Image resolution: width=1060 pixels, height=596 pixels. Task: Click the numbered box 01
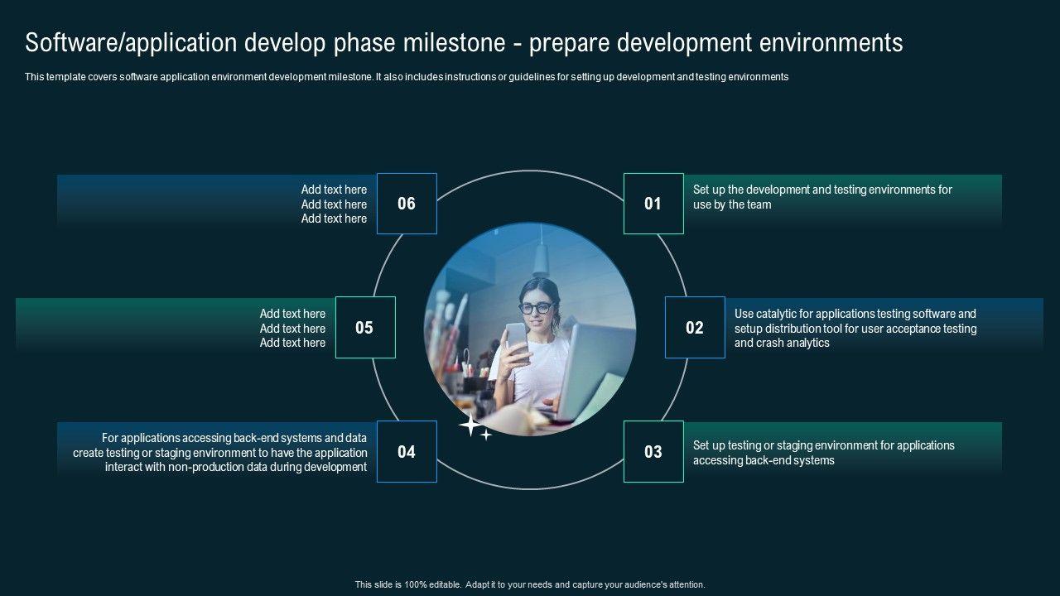tap(653, 204)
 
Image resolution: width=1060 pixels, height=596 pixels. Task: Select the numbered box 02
tap(695, 327)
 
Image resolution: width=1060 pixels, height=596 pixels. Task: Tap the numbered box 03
tap(653, 452)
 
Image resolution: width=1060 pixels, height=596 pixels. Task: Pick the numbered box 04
tap(407, 452)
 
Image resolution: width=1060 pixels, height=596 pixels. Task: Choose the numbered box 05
tap(365, 327)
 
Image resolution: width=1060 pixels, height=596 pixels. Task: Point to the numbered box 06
tap(407, 204)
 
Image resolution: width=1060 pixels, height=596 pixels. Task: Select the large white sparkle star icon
tap(470, 425)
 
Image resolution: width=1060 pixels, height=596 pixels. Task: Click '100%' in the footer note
tap(416, 584)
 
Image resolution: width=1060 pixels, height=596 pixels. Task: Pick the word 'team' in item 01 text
tap(759, 204)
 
